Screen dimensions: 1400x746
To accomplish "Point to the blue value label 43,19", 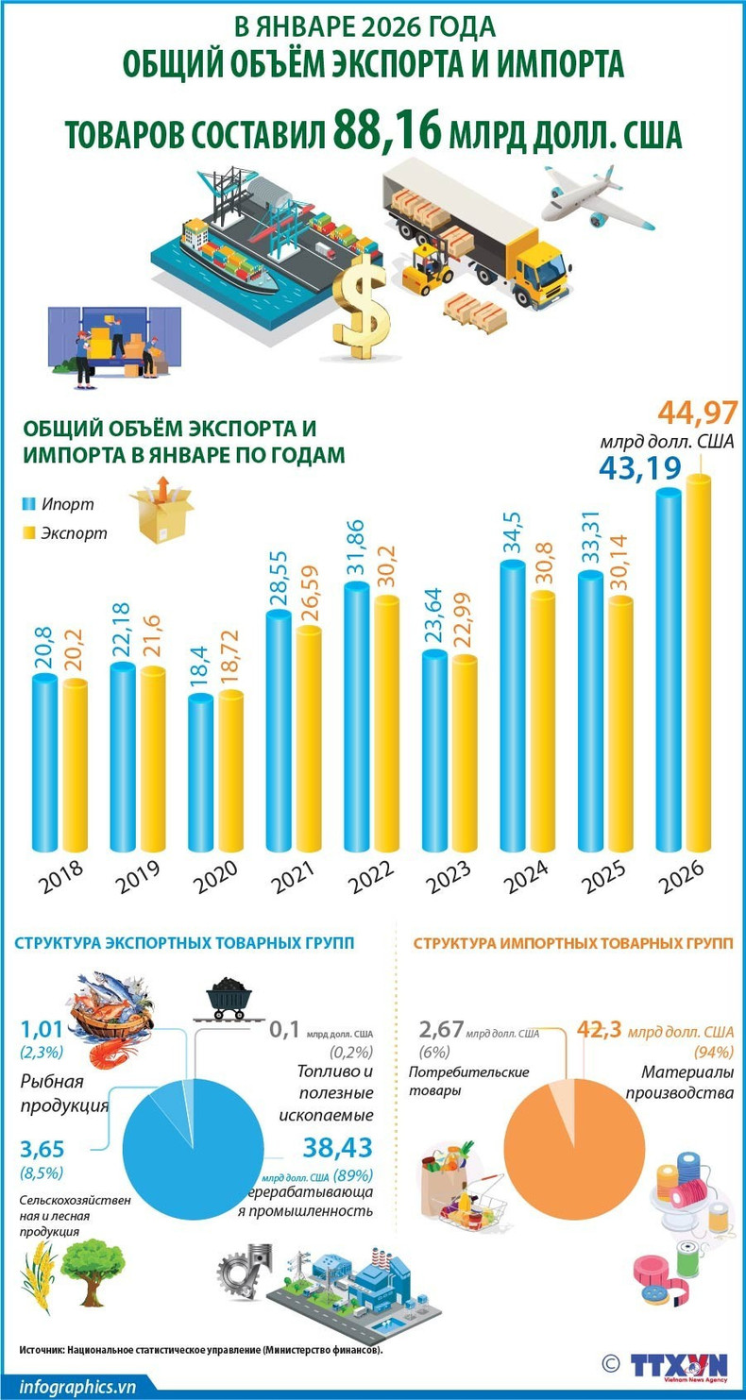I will coord(638,466).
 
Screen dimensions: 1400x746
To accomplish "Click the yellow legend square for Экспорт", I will coord(27,533).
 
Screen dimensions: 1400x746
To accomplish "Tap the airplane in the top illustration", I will coord(593,197).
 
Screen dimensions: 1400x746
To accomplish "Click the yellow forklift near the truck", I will coord(426,268).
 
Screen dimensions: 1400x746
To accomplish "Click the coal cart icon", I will coord(229,999).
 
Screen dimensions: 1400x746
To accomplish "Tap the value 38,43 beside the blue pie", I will coord(337,1147).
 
